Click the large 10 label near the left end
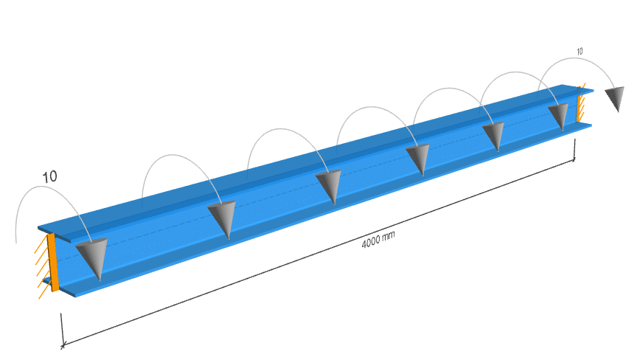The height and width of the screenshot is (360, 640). tap(50, 177)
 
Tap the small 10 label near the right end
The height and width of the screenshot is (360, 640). tap(580, 52)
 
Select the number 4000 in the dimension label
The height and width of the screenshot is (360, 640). tap(371, 242)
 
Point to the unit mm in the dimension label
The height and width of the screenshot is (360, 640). tap(389, 236)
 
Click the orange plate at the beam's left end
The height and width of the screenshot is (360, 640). tap(52, 262)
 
